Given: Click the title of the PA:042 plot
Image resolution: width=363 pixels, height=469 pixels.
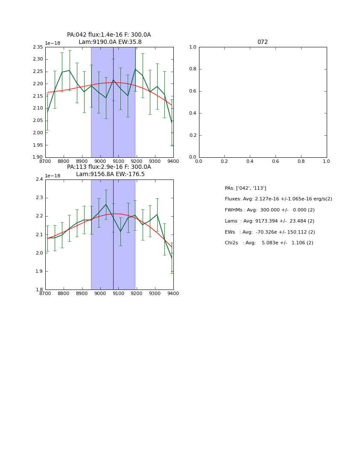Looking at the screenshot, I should (109, 38).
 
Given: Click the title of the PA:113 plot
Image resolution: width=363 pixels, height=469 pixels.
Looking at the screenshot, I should (109, 171).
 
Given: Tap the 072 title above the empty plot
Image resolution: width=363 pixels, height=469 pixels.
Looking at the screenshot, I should (263, 42).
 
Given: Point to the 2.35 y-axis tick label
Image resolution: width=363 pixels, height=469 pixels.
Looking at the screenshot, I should (38, 47).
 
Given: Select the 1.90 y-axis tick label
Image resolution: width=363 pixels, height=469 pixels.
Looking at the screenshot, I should (38, 157).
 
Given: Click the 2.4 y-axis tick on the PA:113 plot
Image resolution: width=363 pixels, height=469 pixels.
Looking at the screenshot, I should (39, 179).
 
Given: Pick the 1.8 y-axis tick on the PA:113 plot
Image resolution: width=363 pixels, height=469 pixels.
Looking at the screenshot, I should (39, 290).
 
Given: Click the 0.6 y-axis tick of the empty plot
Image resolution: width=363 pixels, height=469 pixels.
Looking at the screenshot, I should (192, 91).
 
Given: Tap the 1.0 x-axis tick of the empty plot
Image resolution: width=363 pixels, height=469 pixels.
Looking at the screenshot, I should (326, 161).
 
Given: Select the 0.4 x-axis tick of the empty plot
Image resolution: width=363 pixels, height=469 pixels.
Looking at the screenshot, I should (250, 161).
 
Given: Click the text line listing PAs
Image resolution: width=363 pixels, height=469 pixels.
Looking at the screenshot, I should (246, 188).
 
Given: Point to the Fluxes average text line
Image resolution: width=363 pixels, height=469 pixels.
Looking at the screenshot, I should (278, 199).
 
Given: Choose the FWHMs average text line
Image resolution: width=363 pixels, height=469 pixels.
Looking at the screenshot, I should (269, 210).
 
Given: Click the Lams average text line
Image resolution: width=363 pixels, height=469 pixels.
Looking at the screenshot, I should (269, 221).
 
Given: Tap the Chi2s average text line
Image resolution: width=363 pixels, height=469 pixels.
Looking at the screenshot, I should (269, 243).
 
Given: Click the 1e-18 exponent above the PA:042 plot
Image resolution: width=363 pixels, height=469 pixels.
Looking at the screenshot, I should (53, 43).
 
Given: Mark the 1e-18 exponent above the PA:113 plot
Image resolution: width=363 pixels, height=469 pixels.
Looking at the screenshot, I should (53, 176).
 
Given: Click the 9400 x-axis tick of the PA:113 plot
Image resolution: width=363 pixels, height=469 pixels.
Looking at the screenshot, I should (173, 293).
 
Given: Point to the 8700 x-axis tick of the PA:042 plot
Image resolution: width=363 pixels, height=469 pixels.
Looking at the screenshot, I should (45, 161).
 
